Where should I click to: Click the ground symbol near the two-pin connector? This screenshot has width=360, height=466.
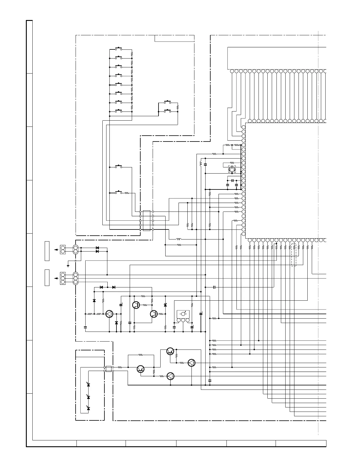[68, 266]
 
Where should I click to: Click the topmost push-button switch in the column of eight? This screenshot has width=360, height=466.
[119, 48]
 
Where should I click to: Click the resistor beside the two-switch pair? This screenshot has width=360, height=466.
[178, 107]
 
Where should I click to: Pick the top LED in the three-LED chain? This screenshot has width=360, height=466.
[89, 385]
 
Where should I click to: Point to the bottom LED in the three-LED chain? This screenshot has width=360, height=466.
[89, 408]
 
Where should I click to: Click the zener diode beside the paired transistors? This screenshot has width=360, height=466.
[165, 305]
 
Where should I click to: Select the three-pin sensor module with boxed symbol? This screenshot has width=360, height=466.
[183, 316]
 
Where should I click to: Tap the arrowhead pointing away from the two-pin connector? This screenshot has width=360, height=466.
[55, 250]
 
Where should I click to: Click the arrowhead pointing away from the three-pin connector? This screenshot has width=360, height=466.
[55, 278]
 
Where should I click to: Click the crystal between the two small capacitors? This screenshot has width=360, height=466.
[232, 180]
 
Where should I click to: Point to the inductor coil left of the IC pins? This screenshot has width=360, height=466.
[201, 164]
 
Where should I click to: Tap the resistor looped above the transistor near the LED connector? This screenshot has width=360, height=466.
[141, 355]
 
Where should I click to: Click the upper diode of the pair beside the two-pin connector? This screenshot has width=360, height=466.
[97, 248]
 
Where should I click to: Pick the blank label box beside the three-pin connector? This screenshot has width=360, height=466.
[47, 277]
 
